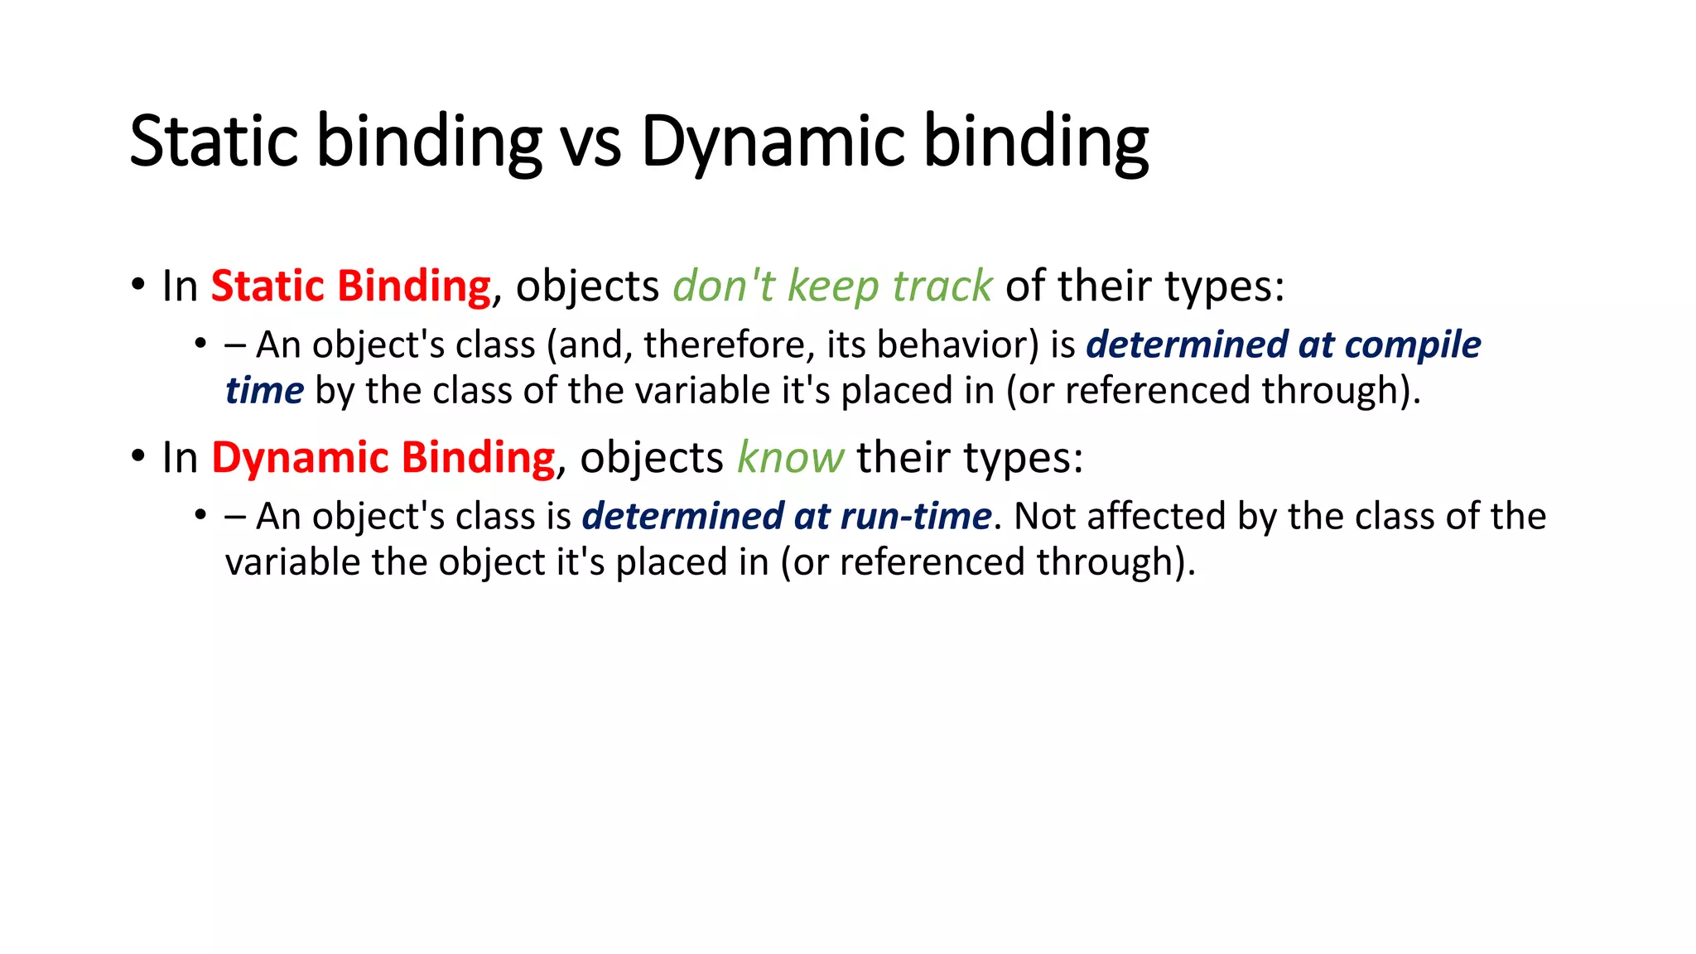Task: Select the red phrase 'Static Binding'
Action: [351, 287]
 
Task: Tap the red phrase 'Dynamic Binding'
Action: [383, 458]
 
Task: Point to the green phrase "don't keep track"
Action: [831, 287]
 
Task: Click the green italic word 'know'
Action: [790, 458]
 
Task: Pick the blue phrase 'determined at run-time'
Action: [787, 517]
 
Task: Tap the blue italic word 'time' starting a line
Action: [264, 391]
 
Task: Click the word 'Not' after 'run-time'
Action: [1044, 517]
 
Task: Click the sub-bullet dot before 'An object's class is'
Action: [200, 515]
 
